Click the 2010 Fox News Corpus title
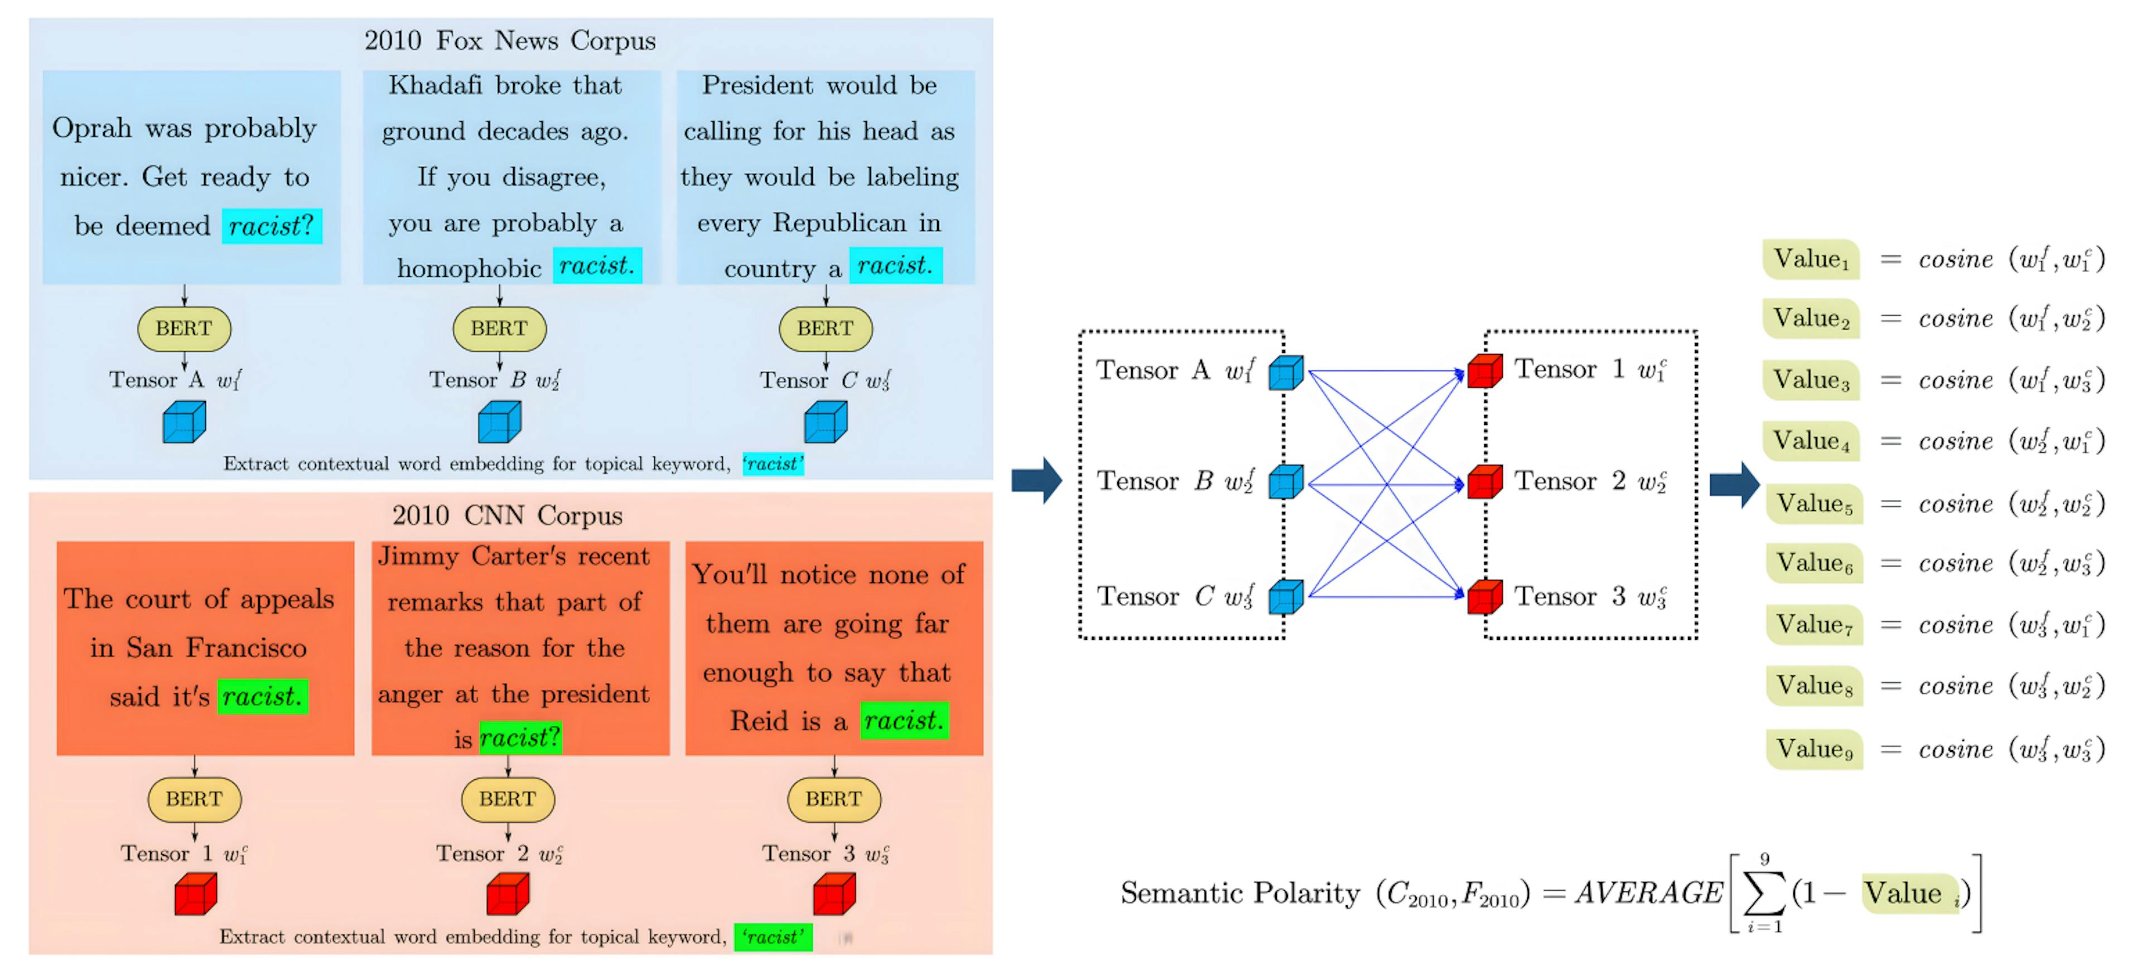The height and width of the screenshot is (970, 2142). [510, 41]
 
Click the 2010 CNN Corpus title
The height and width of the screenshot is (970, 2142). [507, 515]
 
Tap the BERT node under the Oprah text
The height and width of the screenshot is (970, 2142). [184, 329]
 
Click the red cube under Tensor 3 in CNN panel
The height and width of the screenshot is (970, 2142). [834, 894]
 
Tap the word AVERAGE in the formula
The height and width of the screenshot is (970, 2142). [1648, 892]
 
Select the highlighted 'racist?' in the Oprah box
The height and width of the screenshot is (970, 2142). [271, 226]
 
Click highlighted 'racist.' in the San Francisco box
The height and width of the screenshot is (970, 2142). [262, 697]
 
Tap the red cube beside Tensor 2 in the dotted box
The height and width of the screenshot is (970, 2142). [1484, 482]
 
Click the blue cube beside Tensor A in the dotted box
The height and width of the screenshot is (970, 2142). [1286, 373]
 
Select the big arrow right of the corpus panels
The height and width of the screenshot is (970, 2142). [1036, 480]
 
